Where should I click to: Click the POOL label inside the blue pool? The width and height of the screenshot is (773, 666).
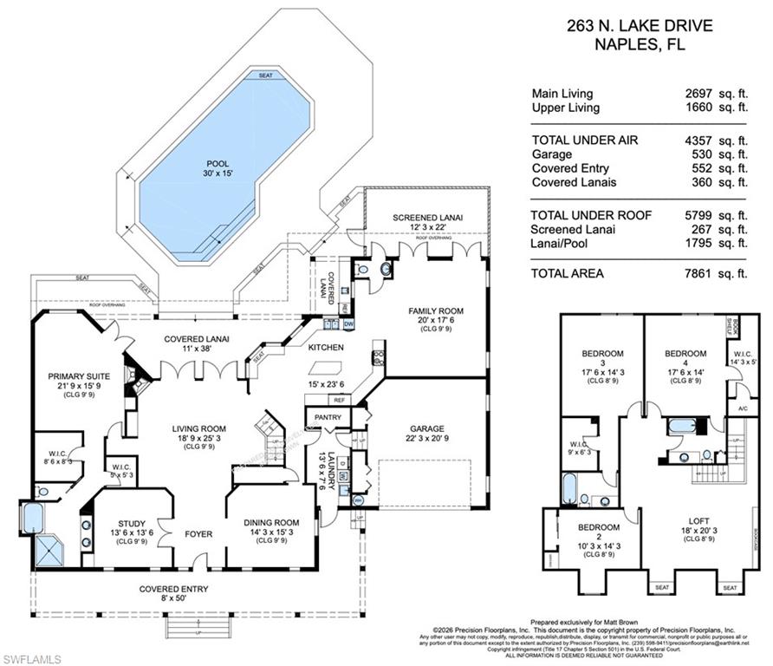218,163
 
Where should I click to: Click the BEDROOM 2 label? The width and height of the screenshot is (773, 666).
598,527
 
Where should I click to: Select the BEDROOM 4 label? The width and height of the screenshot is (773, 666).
685,354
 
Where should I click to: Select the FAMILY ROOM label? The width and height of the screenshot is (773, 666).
436,310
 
